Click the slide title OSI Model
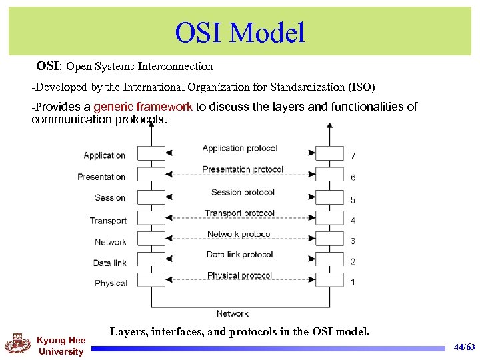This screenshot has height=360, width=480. point(239,32)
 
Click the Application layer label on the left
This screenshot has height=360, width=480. point(104,155)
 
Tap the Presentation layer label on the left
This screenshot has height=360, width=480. point(101,177)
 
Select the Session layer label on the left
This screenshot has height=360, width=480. point(110,198)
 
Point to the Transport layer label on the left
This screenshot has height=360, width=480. point(108,221)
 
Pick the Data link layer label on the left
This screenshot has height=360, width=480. point(110,263)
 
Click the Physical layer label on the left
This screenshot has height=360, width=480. point(111,283)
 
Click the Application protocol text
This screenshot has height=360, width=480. point(239,149)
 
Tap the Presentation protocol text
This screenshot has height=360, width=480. point(243,169)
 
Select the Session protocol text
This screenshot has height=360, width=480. point(243,193)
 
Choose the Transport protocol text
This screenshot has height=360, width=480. point(239,213)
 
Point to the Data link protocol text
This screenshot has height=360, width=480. point(239,255)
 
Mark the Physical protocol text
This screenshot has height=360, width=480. point(239,275)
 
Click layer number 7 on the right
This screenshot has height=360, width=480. point(353,156)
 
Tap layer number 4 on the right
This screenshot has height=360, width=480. point(353,221)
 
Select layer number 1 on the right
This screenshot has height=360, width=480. point(353,282)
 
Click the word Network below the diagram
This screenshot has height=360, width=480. point(232,313)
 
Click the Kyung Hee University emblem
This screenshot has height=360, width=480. point(18,344)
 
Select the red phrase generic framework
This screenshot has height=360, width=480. point(143,107)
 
